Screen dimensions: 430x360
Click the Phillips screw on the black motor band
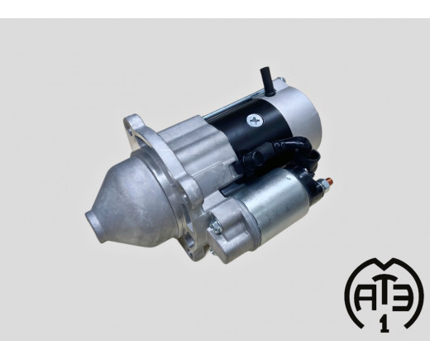(x=256, y=121)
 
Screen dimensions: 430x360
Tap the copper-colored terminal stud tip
(x=330, y=181)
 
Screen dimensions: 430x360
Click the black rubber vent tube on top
(x=266, y=81)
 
